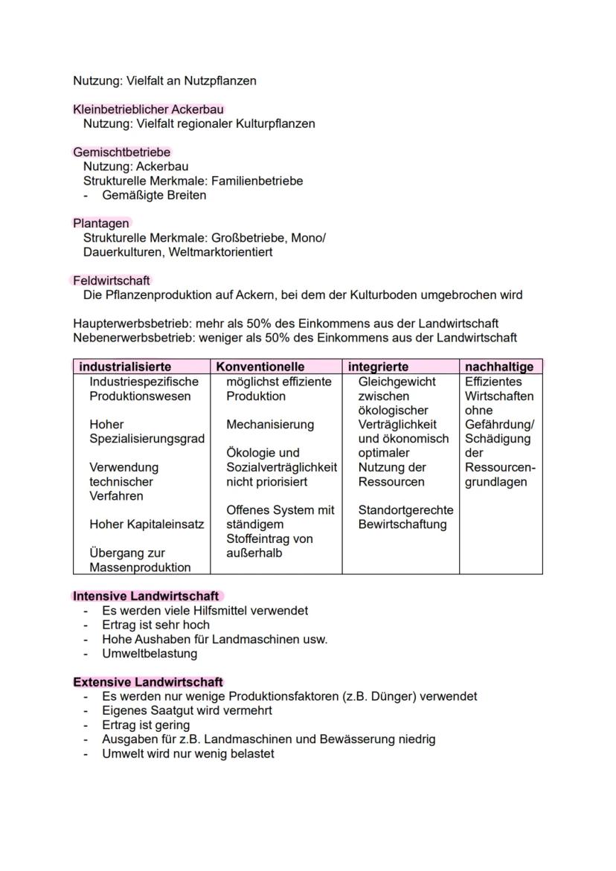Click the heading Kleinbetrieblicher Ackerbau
click(148, 109)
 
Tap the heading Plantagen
click(100, 223)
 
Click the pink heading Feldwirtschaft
click(111, 280)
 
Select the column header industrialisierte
click(125, 367)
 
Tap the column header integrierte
click(378, 367)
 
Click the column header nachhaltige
click(499, 367)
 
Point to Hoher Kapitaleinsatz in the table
click(147, 524)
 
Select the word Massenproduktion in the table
click(140, 568)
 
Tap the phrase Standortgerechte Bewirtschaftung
click(405, 517)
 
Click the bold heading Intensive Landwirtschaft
click(146, 597)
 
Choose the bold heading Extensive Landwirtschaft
click(148, 682)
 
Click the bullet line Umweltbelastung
click(150, 654)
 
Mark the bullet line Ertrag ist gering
click(146, 725)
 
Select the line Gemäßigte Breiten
click(154, 196)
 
